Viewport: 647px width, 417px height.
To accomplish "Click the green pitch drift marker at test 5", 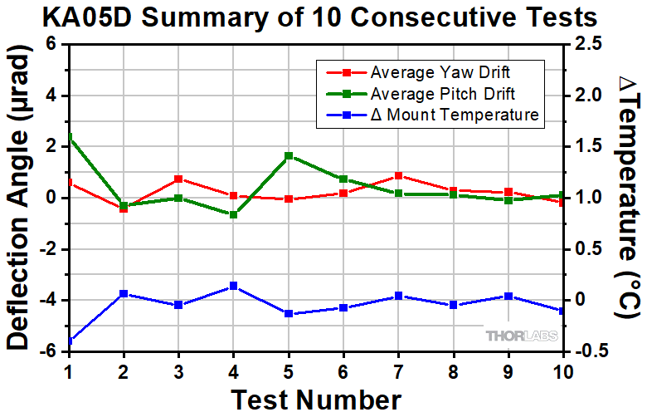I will [289, 155].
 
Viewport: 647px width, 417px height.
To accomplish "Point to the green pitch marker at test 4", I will [233, 214].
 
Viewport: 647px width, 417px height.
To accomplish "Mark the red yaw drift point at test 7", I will [398, 176].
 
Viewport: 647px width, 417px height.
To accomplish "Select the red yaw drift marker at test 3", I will [178, 179].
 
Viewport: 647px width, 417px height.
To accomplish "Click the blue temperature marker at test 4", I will [233, 286].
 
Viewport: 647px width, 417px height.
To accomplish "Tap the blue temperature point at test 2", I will [124, 294].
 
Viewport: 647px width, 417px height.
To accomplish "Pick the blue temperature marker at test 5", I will [289, 313].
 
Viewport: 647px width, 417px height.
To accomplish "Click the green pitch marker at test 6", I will [343, 179].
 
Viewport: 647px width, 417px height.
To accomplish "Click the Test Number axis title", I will [315, 400].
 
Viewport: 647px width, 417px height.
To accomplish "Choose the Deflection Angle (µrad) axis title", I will [21, 198].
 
